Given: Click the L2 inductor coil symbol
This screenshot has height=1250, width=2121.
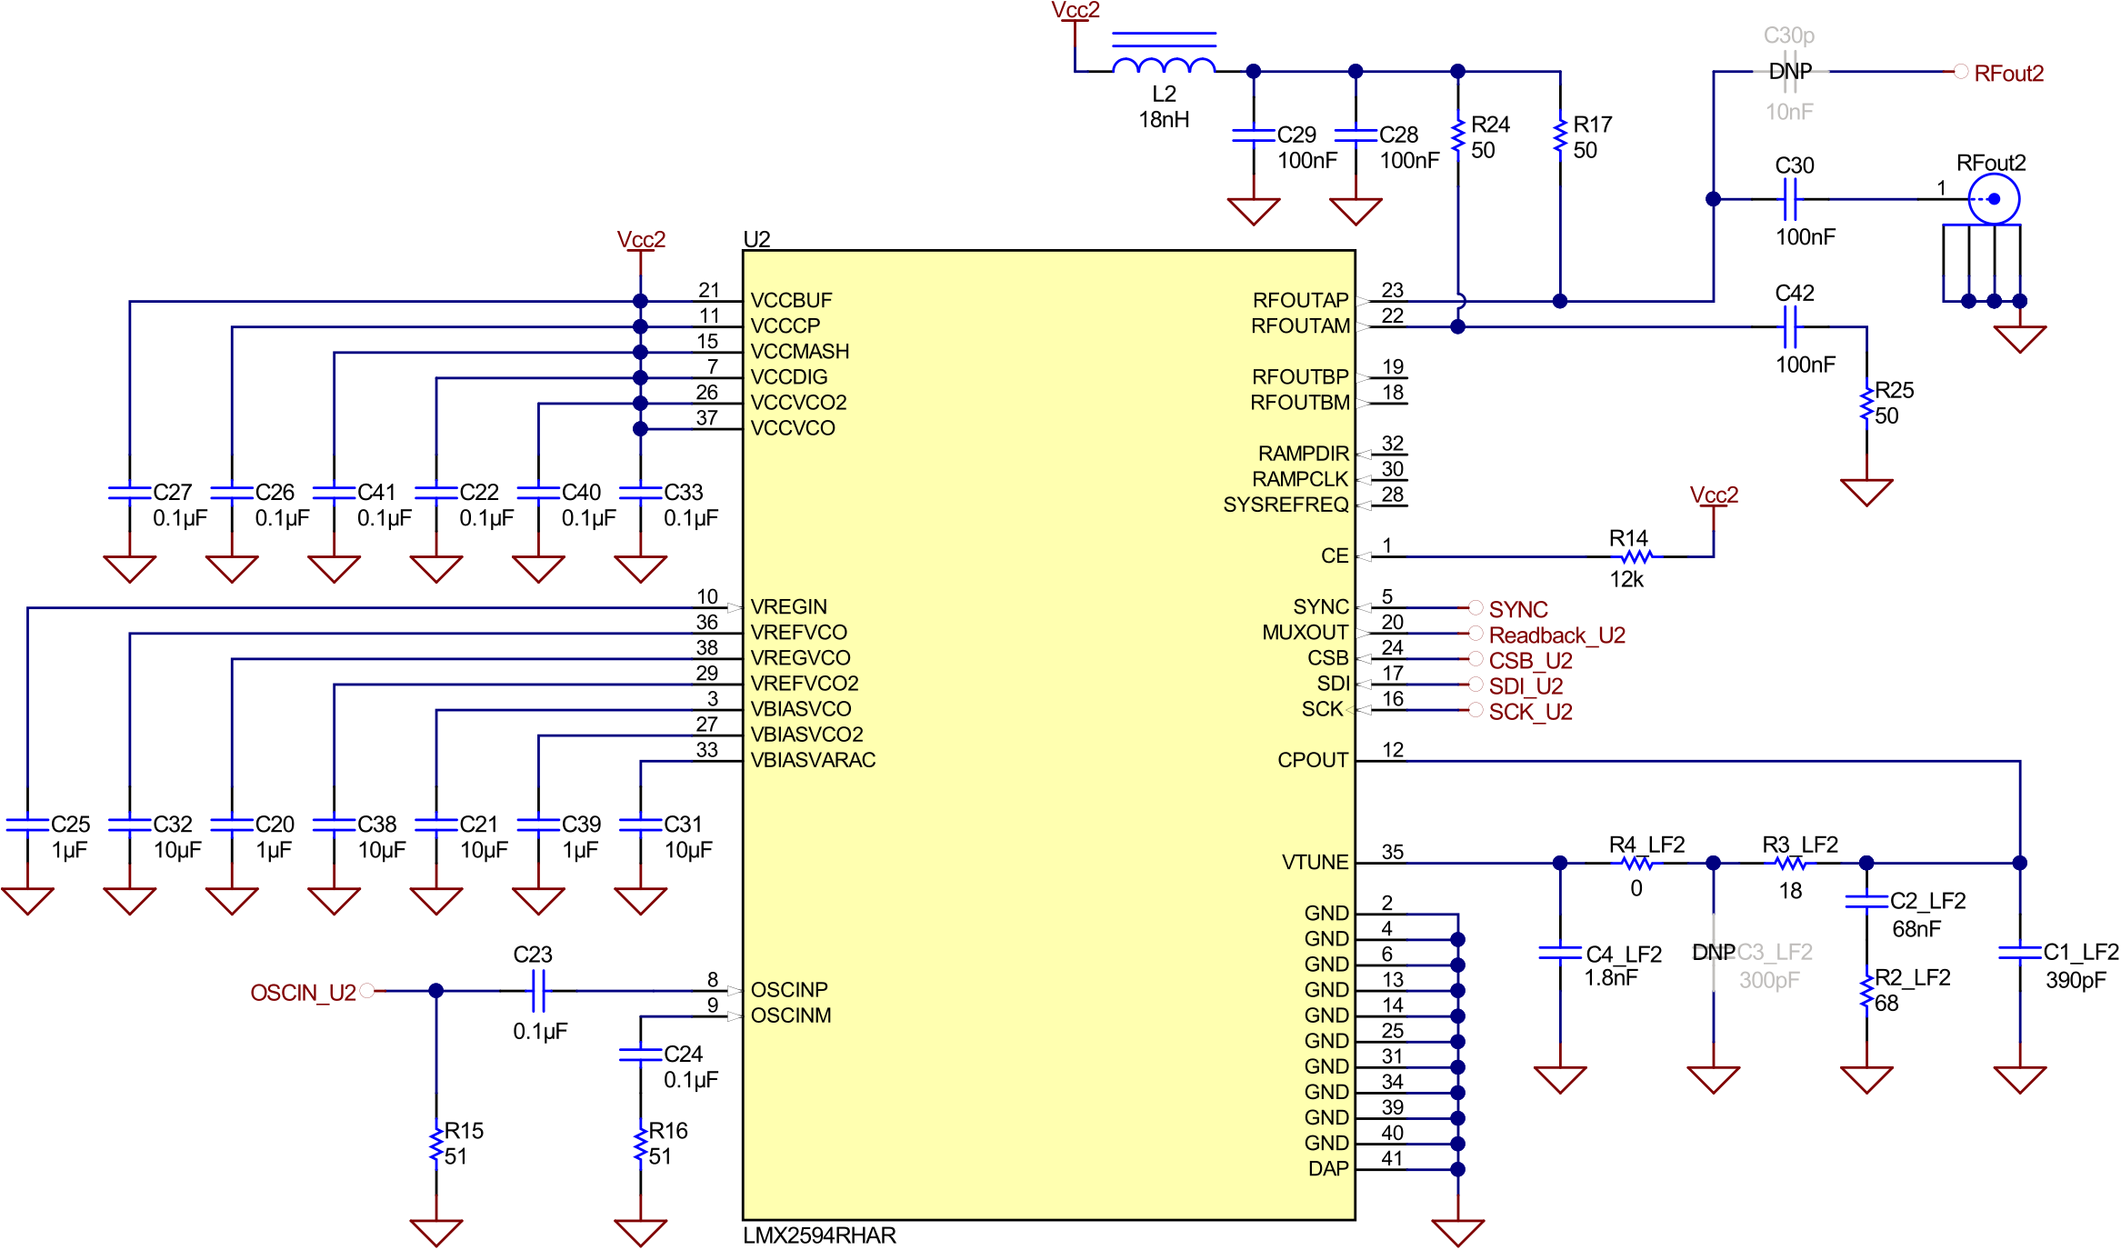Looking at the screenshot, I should [x=1164, y=64].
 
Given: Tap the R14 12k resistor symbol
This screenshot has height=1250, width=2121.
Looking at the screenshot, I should [x=1636, y=556].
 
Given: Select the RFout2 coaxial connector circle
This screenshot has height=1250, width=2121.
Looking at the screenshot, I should [x=1994, y=198].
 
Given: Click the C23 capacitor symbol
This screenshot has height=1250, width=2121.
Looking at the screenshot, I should [x=537, y=990].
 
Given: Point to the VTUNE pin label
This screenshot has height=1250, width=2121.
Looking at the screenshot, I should [x=1315, y=862].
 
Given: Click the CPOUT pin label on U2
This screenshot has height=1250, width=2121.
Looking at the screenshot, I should [x=1312, y=760].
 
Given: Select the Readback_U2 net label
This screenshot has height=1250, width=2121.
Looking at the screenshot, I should [x=1556, y=635].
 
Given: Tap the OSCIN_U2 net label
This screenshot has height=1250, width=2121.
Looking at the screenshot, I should [x=303, y=992].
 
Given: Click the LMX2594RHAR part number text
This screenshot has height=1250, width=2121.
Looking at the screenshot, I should [x=819, y=1235].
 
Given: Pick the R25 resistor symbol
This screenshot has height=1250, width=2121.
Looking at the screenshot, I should [x=1866, y=403].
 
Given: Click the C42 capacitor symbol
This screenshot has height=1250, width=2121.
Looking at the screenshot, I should [x=1790, y=326].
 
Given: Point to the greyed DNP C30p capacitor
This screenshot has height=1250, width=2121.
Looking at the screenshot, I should [x=1789, y=72].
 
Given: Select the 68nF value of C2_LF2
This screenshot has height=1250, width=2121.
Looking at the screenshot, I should [x=1916, y=928].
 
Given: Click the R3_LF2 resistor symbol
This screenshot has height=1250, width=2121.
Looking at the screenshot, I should [x=1790, y=863].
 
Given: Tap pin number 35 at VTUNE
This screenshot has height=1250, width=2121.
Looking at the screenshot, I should [x=1392, y=852].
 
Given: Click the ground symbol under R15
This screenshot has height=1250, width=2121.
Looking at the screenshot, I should [x=436, y=1232].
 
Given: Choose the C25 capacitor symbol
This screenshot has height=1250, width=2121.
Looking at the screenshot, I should [x=27, y=824].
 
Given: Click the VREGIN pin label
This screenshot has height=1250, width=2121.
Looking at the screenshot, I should [x=788, y=606].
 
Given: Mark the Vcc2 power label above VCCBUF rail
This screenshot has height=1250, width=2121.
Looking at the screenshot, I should [x=641, y=239].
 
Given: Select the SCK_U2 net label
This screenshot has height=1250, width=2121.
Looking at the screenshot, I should [x=1530, y=712].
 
